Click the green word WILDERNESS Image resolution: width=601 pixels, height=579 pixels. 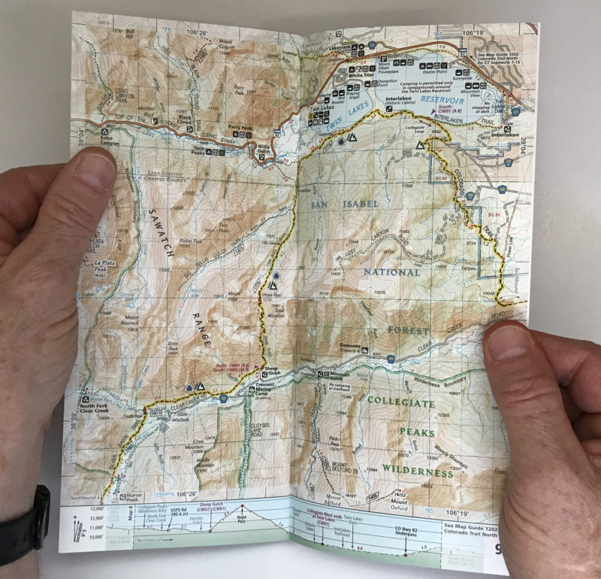[417, 473]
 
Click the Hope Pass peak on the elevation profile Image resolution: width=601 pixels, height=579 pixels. [242, 521]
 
